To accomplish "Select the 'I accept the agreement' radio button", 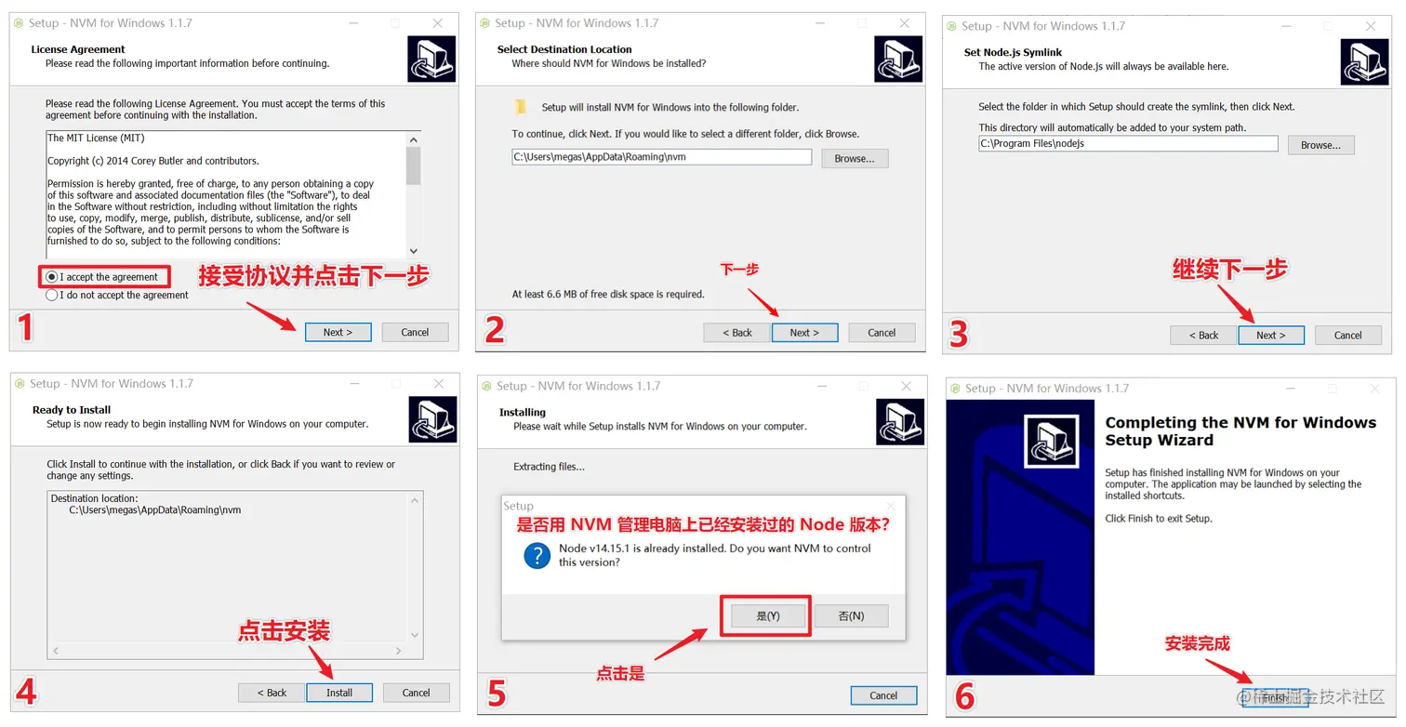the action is click(51, 277).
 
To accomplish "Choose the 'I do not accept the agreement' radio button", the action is click(51, 295).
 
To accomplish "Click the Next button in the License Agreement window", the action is click(338, 332).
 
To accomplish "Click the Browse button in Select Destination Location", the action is click(855, 159).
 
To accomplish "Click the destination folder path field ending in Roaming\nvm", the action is click(661, 157).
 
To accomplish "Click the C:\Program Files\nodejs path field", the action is click(1128, 144).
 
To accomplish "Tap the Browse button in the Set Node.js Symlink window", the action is click(1320, 145).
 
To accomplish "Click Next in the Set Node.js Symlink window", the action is click(1271, 335).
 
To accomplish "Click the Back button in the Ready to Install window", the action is click(272, 693).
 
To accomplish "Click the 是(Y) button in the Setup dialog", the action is click(768, 616).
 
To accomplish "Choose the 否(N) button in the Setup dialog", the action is click(851, 616).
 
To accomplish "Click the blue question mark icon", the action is click(537, 556).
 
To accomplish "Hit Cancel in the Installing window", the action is click(883, 695).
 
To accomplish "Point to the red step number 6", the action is click(964, 695).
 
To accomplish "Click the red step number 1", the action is click(25, 327).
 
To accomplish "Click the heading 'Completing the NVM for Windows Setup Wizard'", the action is click(1240, 431).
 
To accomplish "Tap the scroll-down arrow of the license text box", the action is click(413, 251).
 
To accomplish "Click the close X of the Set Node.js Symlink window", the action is click(1371, 26).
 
